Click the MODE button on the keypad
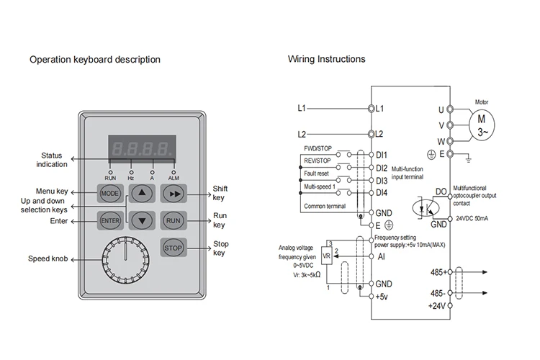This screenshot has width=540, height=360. (x=110, y=193)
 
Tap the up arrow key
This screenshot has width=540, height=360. (x=142, y=193)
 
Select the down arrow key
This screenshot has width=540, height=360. (x=142, y=220)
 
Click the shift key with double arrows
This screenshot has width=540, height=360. (x=174, y=193)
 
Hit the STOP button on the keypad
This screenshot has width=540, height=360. (x=174, y=248)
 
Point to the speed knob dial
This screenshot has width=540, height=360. (x=126, y=260)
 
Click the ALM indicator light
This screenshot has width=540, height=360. (x=174, y=172)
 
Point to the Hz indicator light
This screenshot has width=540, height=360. (x=131, y=172)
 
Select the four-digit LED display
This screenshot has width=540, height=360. (x=143, y=149)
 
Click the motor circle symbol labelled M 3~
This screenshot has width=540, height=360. (x=482, y=125)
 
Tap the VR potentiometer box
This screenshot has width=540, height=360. (x=326, y=256)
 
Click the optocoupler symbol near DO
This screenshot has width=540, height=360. (x=426, y=208)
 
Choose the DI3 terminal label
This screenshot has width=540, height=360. (x=382, y=181)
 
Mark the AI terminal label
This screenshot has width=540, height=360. (x=381, y=256)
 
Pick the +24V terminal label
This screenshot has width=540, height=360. (x=437, y=306)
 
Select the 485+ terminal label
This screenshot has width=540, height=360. (x=438, y=272)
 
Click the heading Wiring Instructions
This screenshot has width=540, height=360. (x=326, y=59)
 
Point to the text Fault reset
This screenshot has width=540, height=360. (x=316, y=174)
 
